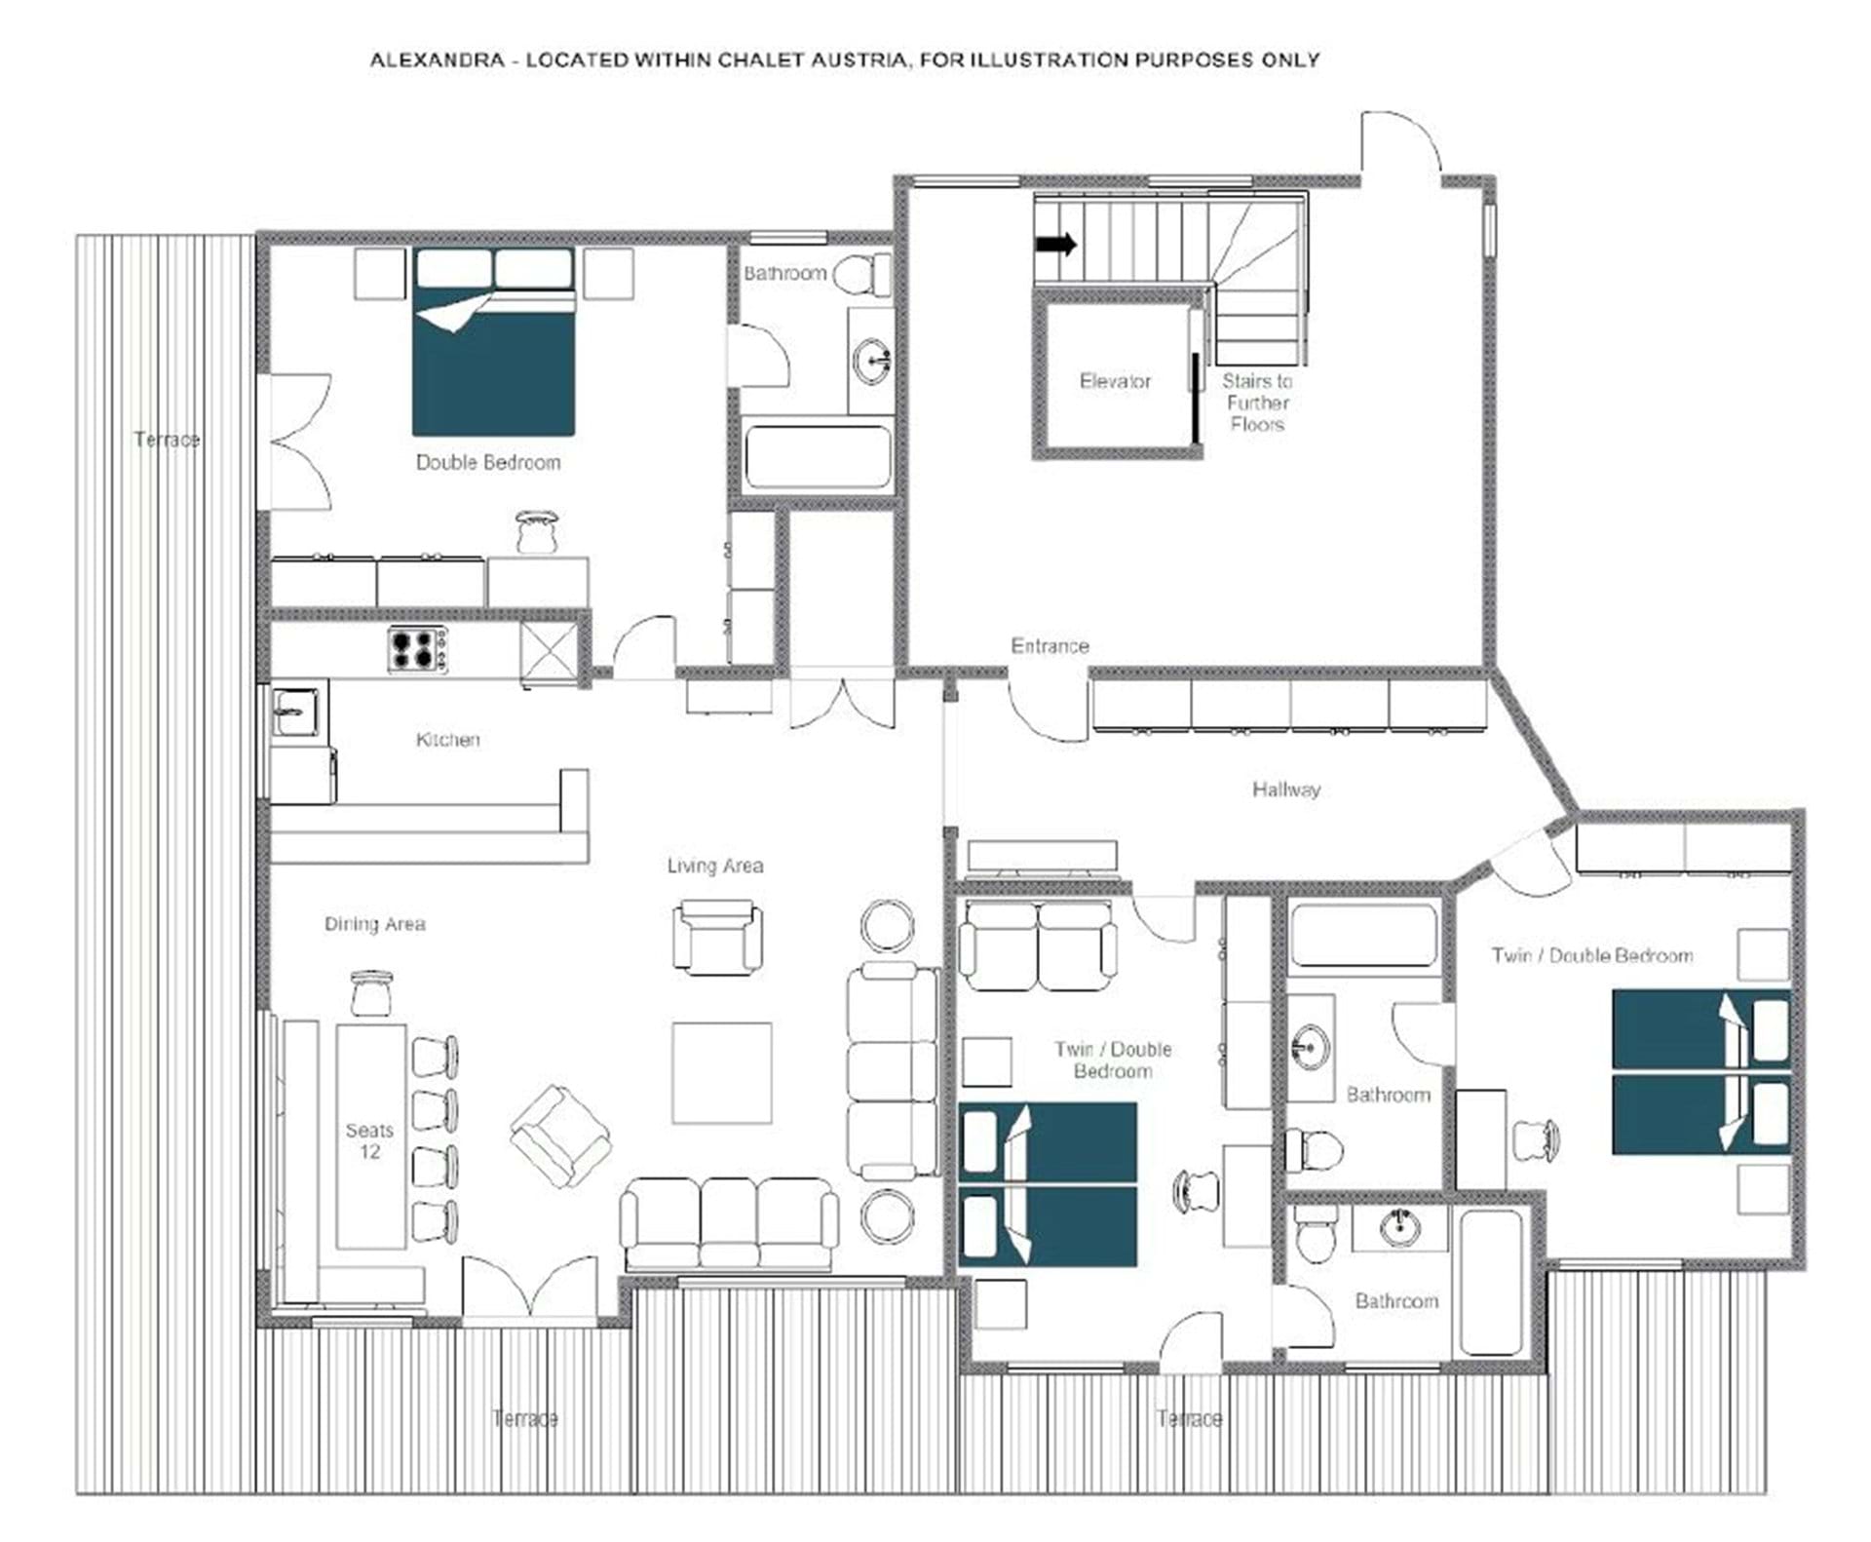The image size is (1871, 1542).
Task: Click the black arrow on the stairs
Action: [1055, 244]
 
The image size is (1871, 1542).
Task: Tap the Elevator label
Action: [1115, 381]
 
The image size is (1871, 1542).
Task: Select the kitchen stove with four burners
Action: [418, 649]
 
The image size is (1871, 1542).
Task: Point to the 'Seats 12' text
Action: [369, 1140]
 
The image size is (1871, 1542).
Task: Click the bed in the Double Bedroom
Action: [494, 341]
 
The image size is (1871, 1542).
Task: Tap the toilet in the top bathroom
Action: [862, 275]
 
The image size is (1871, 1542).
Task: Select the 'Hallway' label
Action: [1286, 789]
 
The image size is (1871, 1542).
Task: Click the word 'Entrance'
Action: [1050, 645]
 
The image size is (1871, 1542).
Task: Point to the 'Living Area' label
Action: [715, 866]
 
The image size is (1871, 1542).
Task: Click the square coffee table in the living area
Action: [721, 1072]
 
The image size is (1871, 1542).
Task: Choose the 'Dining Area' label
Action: [375, 924]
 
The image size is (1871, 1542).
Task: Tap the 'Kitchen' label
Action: [448, 740]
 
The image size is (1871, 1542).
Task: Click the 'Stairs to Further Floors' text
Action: [1257, 403]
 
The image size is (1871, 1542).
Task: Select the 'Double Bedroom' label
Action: [488, 462]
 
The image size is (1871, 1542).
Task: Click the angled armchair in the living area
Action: [560, 1137]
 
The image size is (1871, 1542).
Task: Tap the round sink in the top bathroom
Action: [871, 362]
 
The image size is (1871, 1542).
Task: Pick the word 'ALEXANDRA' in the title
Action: [438, 59]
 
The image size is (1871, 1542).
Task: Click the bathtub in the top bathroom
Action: [818, 456]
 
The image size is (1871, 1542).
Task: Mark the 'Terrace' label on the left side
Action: [167, 440]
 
